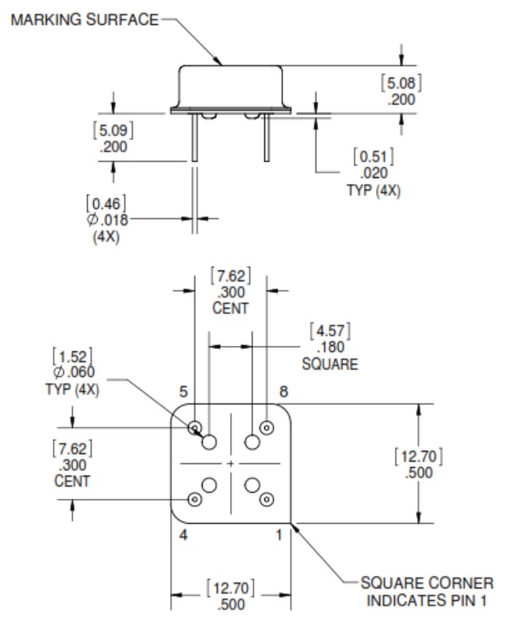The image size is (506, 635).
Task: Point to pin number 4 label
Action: coord(183,536)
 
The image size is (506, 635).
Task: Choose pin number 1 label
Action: coord(279,536)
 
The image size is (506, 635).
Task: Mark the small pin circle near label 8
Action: coord(267,427)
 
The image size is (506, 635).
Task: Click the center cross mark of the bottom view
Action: coord(231,463)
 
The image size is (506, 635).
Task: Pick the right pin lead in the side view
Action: coord(267,137)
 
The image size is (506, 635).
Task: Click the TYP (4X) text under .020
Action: coord(374,190)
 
